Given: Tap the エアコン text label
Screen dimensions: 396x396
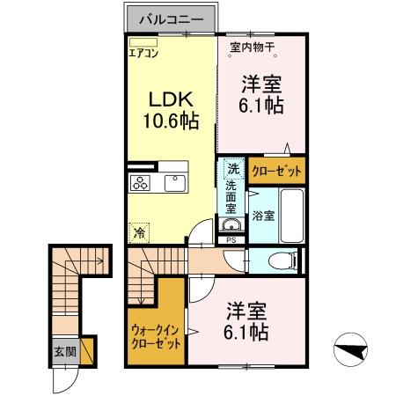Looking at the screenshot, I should point(143,53).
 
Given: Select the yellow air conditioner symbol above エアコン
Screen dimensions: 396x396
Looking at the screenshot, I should point(142,41).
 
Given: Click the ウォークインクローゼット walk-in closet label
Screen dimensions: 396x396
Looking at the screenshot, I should point(155,337).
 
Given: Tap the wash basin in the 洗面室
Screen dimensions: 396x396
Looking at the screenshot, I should point(231,222).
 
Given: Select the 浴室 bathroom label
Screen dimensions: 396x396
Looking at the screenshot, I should point(263,215).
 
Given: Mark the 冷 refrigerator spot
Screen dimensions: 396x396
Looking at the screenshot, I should point(140,233).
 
